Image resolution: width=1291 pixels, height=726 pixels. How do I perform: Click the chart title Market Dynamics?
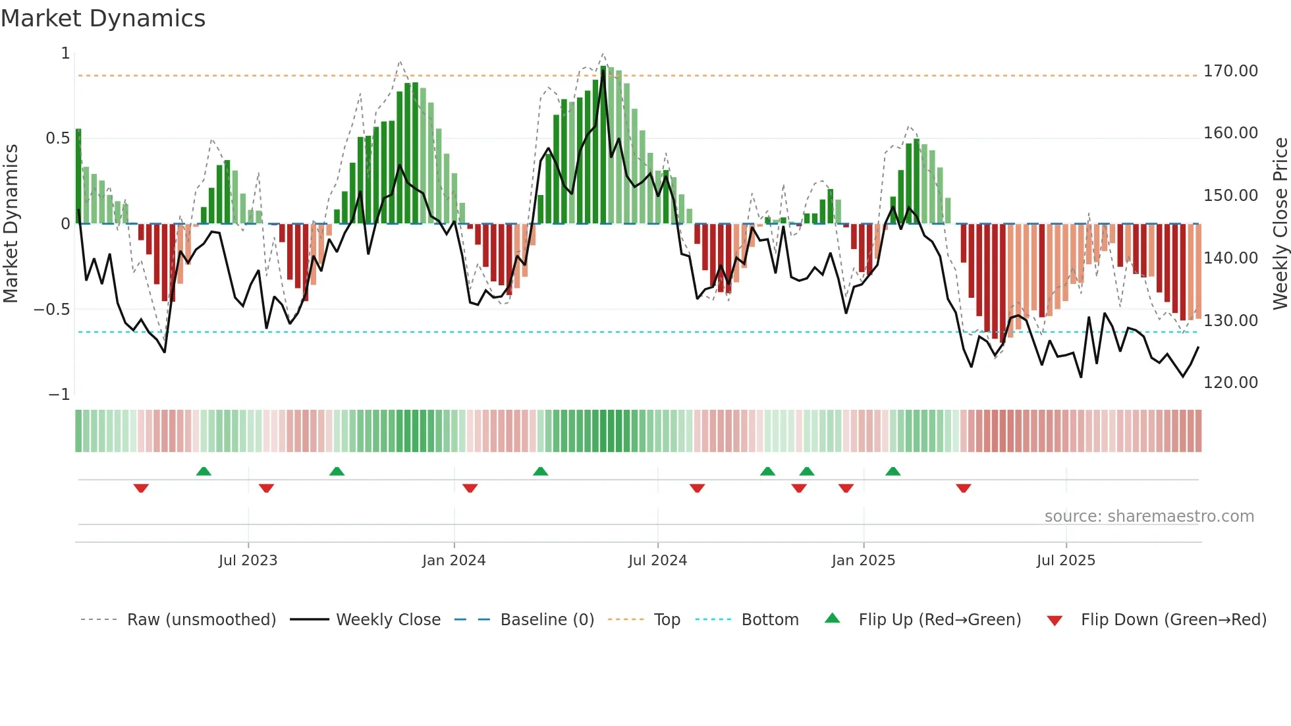click(103, 18)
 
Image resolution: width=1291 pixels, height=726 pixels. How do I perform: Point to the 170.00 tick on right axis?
click(1230, 71)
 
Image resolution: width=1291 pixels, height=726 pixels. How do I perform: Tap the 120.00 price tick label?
click(1230, 383)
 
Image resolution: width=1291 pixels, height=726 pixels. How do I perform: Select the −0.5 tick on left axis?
click(52, 310)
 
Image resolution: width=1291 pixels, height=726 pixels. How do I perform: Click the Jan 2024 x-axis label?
click(454, 561)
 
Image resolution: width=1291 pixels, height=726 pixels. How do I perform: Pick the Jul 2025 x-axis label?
click(1066, 561)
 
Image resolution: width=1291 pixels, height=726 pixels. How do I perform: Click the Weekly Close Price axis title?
click(1280, 223)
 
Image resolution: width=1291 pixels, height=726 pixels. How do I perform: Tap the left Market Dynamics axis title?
click(11, 223)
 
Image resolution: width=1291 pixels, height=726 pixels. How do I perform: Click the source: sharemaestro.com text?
click(1149, 517)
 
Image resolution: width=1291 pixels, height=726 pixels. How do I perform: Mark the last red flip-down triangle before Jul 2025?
click(964, 488)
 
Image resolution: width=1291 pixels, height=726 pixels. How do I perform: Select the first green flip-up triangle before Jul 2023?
click(204, 471)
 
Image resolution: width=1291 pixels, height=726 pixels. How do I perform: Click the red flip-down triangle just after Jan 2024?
click(470, 488)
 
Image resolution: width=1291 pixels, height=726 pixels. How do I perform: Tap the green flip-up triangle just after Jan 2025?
click(893, 471)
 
